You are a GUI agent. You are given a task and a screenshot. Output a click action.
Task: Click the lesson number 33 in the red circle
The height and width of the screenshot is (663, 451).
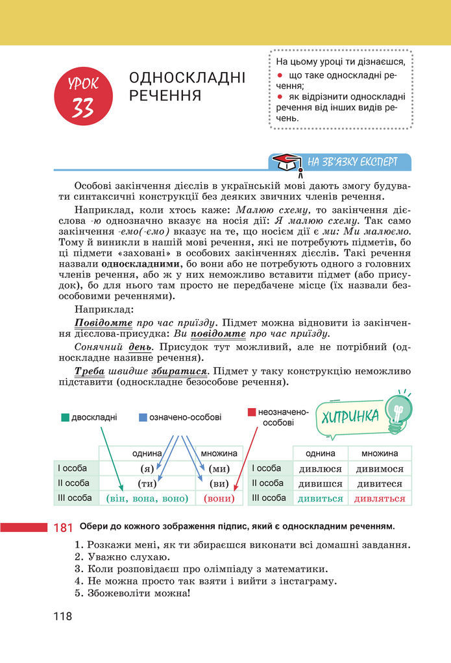click(x=83, y=106)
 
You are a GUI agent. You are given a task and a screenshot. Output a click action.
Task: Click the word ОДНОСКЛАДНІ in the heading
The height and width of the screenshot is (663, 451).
click(x=188, y=78)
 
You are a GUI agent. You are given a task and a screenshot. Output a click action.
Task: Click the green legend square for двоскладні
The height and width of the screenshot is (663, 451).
click(x=65, y=417)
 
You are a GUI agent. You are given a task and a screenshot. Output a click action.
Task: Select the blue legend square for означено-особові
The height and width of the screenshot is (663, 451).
click(x=143, y=417)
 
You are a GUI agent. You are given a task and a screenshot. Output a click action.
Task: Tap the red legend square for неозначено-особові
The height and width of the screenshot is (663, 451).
click(x=252, y=412)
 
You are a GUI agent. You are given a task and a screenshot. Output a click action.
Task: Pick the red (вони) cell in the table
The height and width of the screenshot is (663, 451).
click(x=219, y=498)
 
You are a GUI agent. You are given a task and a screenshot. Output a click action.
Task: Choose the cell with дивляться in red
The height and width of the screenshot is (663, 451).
click(x=379, y=498)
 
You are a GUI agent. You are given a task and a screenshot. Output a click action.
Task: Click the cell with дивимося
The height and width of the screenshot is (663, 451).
click(x=379, y=468)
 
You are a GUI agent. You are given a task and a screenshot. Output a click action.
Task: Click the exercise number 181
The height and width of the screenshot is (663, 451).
click(x=63, y=528)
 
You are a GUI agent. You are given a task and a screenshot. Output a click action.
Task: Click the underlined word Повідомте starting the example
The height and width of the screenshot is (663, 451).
click(x=104, y=322)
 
